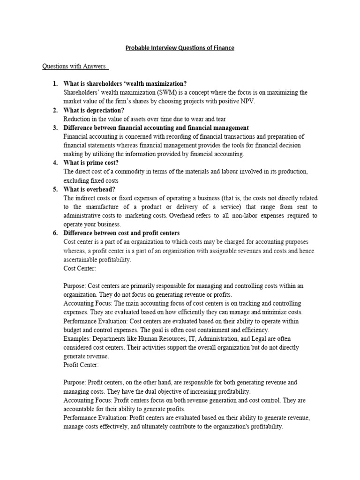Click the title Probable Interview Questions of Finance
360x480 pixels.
click(x=180, y=48)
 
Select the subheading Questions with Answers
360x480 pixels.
click(x=75, y=66)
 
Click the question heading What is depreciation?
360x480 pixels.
click(x=94, y=110)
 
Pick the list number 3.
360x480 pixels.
click(x=55, y=128)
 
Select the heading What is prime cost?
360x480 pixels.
click(x=93, y=163)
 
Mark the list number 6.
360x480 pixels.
click(x=55, y=233)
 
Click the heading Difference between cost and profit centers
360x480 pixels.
click(x=121, y=233)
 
